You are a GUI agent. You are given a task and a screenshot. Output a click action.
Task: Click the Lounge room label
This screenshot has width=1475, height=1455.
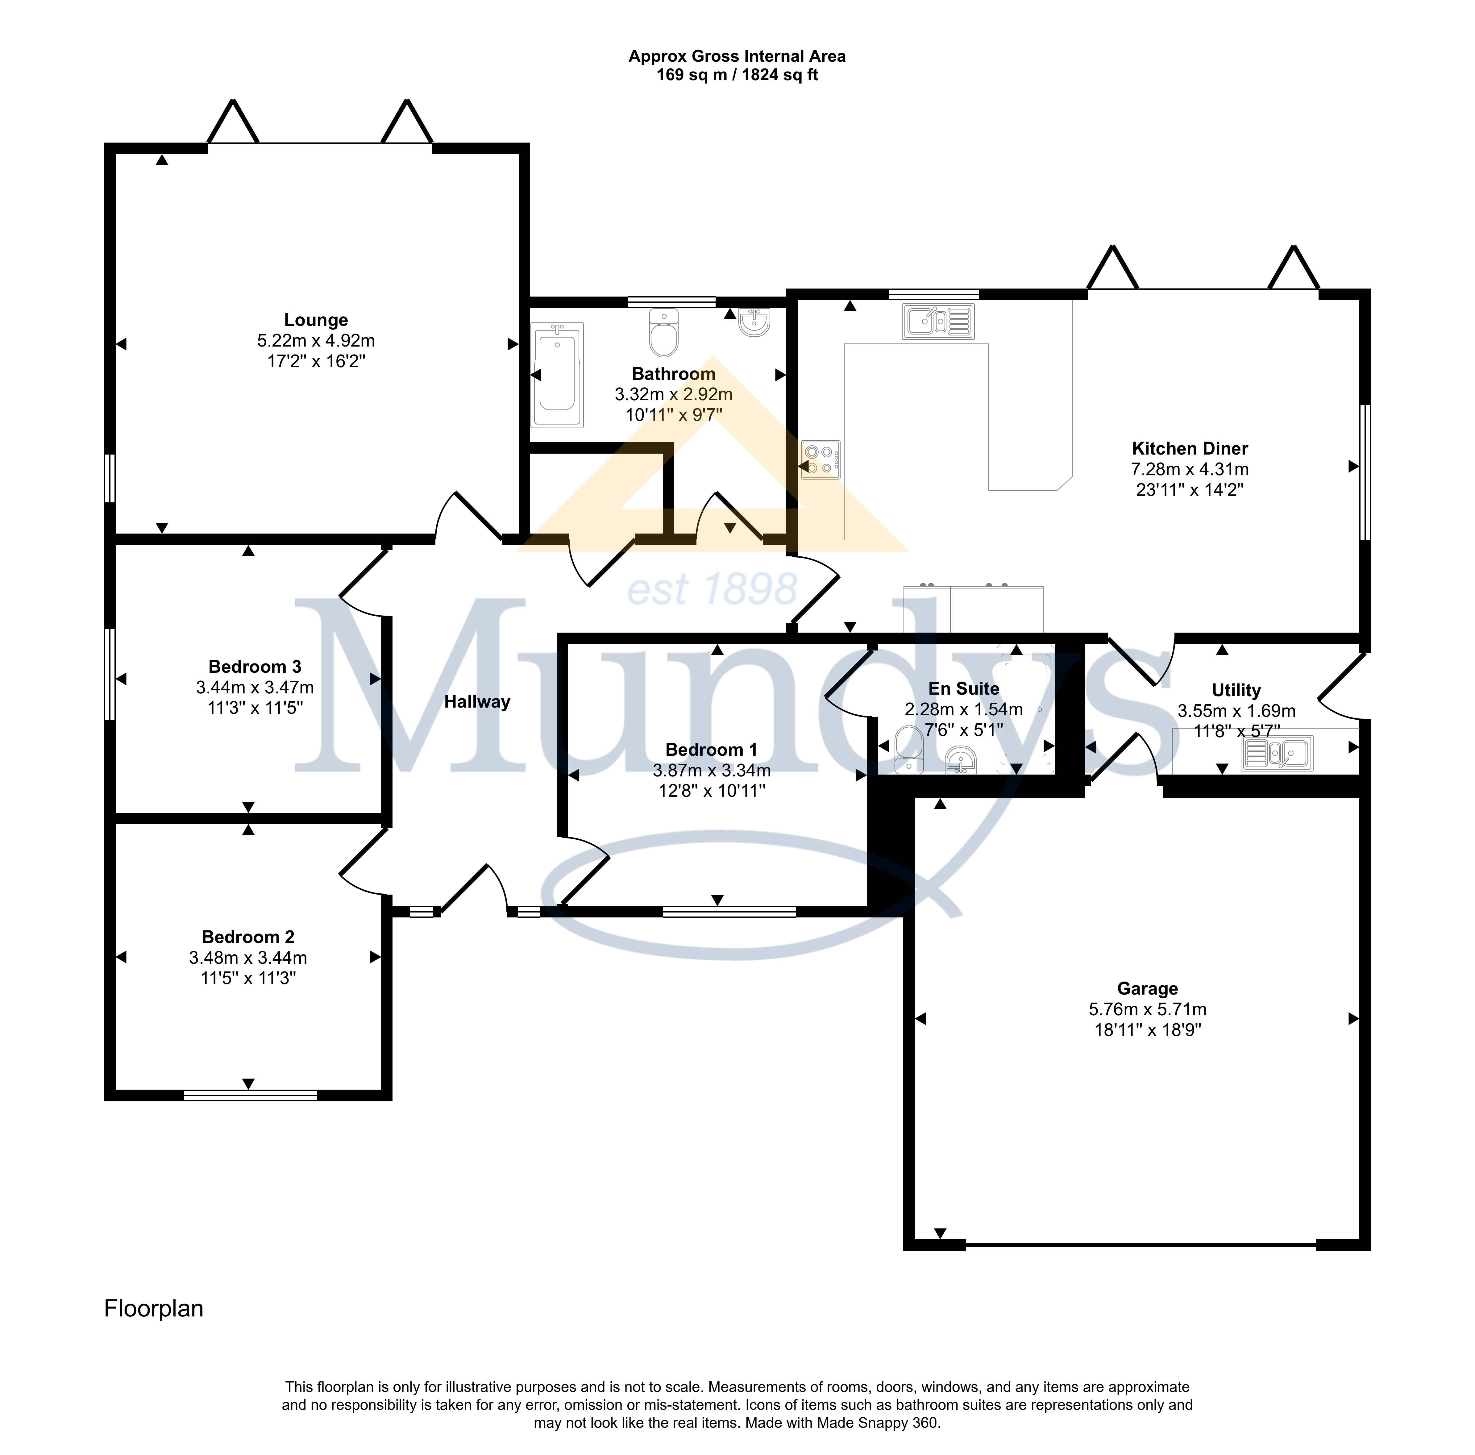(x=316, y=321)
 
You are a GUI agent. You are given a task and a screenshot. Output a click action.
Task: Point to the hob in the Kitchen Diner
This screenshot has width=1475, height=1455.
(x=821, y=459)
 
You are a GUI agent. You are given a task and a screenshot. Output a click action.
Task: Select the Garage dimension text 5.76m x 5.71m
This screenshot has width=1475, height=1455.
(x=1148, y=1009)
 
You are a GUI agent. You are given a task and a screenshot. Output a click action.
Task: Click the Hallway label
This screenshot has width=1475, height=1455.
(x=477, y=701)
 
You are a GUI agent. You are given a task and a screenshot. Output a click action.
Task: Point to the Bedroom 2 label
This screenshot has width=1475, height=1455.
(x=248, y=937)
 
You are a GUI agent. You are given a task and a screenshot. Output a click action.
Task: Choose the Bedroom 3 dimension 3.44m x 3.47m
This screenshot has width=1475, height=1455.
(x=255, y=687)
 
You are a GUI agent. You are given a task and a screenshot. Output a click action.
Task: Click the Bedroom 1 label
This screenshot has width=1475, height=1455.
(x=712, y=750)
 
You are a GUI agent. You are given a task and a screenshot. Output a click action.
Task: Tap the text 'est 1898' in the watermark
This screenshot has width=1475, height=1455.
(x=712, y=589)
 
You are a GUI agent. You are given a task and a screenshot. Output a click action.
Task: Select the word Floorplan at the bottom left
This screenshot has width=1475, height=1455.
(x=153, y=1308)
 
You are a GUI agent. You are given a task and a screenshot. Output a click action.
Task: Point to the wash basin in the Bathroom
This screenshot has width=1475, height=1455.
(x=754, y=322)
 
